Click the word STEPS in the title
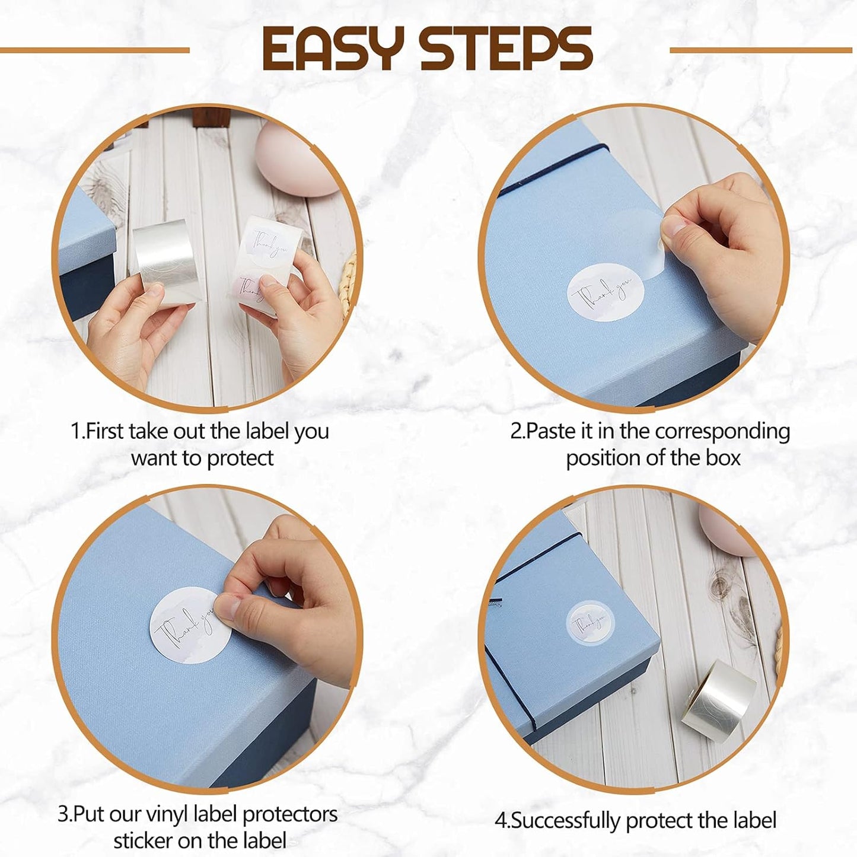point(506,49)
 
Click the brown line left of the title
point(95,50)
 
